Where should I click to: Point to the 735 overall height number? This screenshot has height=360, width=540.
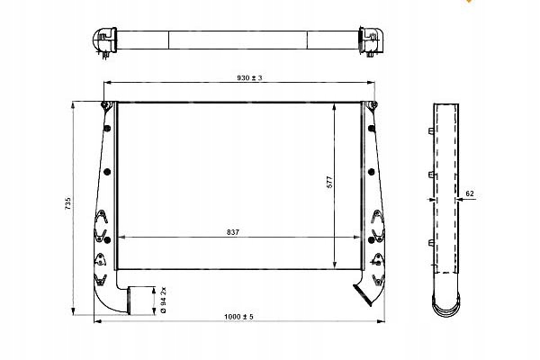click(67, 205)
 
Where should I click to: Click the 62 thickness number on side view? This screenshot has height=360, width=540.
click(471, 193)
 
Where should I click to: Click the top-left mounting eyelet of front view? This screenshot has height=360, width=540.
click(108, 108)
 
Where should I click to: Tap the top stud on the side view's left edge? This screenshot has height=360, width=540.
click(429, 133)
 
